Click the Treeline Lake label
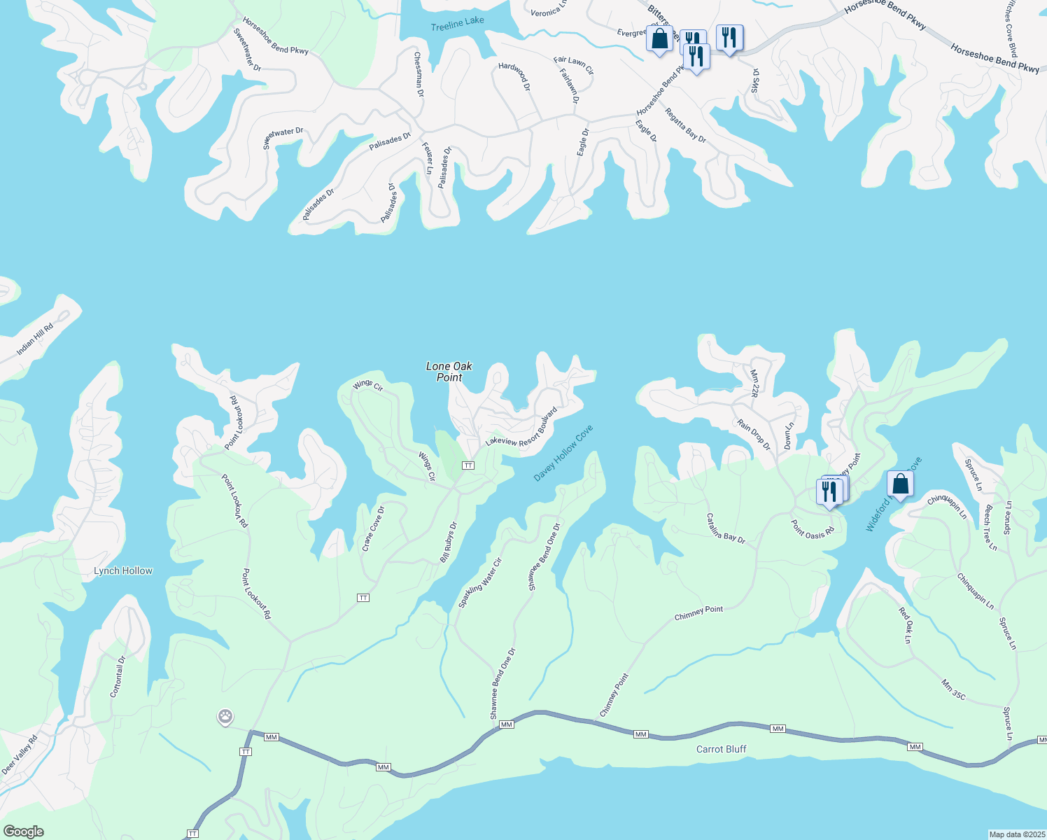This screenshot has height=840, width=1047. click(x=457, y=22)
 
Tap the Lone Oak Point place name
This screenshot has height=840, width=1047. click(x=449, y=372)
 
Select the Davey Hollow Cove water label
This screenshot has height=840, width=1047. click(x=563, y=453)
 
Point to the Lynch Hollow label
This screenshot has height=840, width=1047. click(x=123, y=570)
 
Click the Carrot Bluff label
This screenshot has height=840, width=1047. click(x=721, y=749)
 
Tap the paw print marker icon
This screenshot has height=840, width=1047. click(x=225, y=717)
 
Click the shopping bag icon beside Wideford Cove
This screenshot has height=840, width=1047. click(x=899, y=484)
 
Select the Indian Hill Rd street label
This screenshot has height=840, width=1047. click(x=35, y=339)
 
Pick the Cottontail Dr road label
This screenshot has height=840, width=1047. click(x=118, y=676)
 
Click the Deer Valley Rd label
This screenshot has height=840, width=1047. click(x=19, y=755)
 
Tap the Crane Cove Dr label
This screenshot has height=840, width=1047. click(x=374, y=528)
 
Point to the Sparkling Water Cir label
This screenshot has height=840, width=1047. click(x=480, y=582)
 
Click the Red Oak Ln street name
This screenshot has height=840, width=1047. click(x=905, y=625)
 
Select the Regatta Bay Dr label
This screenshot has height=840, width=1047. click(x=685, y=125)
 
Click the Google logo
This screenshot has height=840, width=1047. click(x=23, y=832)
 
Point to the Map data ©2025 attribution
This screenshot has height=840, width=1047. click(x=1016, y=834)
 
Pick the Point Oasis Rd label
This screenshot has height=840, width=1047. click(x=813, y=528)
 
